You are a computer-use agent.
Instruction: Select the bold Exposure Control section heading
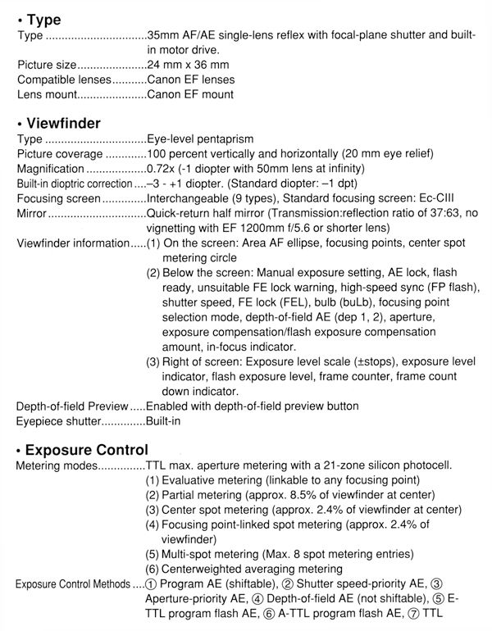point(86,449)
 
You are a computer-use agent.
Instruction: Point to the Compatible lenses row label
point(63,79)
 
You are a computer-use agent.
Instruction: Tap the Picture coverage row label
point(59,154)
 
